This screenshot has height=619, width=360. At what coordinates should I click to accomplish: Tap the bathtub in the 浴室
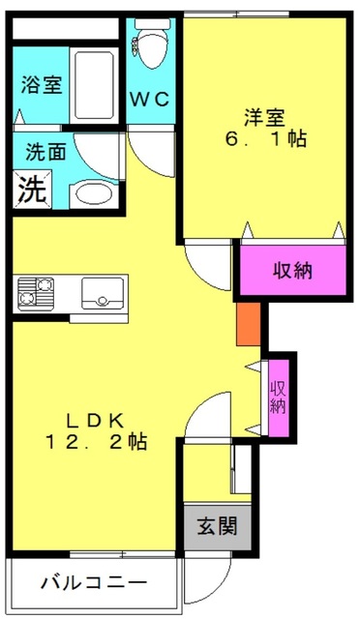click(x=95, y=84)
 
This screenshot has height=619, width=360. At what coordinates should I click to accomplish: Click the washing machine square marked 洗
click(x=32, y=190)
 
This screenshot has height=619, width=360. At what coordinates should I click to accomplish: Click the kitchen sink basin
click(x=103, y=293)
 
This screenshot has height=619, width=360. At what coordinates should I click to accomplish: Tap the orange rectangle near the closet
click(x=249, y=324)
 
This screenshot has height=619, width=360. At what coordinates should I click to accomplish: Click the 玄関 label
click(x=218, y=526)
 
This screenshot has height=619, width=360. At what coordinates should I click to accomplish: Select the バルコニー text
click(x=94, y=582)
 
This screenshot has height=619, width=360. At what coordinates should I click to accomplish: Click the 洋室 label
click(x=265, y=117)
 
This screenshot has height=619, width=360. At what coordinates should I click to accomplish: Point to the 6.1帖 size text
click(x=266, y=139)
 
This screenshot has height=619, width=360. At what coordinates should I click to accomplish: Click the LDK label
click(x=95, y=422)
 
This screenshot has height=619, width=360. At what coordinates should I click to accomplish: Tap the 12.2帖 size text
click(x=97, y=442)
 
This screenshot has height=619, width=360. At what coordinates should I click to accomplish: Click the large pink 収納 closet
click(x=293, y=270)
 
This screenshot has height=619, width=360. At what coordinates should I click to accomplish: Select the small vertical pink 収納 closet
click(x=279, y=398)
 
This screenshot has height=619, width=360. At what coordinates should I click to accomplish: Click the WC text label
click(x=150, y=99)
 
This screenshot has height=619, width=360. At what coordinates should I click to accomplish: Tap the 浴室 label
click(x=42, y=84)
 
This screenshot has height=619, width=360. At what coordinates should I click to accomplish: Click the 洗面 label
click(x=45, y=152)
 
